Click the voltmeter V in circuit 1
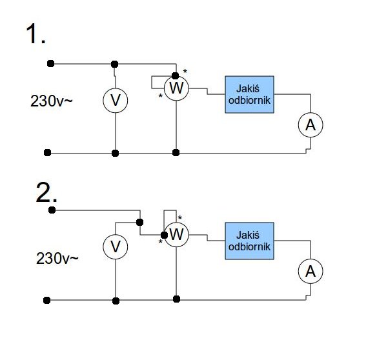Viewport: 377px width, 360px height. (116, 101)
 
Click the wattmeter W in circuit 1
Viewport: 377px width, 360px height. (176, 88)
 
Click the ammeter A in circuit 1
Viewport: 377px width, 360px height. (311, 125)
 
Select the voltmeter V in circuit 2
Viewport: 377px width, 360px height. (116, 247)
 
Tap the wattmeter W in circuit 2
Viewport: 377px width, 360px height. (176, 235)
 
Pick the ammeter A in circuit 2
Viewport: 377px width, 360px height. (311, 271)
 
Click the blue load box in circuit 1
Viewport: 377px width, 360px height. (249, 94)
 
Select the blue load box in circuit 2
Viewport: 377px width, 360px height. (249, 241)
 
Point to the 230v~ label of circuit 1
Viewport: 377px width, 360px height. (51, 101)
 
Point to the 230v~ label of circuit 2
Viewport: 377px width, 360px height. (57, 259)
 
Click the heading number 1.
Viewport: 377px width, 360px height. (36, 34)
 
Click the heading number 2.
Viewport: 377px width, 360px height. (46, 192)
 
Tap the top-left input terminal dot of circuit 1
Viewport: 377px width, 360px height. (50, 64)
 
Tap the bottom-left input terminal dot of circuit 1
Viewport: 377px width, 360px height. (47, 152)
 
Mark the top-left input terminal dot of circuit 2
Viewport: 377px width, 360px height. (52, 210)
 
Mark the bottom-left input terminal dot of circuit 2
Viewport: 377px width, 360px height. (46, 300)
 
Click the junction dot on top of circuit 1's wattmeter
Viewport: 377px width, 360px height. (176, 75)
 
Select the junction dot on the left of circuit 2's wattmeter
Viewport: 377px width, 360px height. (164, 235)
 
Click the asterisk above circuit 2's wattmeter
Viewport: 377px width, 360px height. (180, 217)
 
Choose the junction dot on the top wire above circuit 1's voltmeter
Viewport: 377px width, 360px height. (115, 64)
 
